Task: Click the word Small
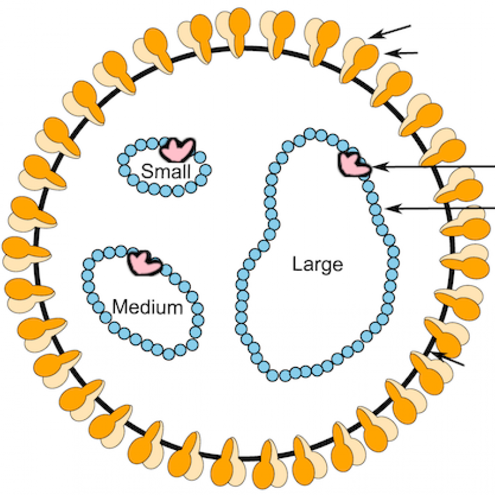pos(166,172)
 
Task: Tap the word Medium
pos(147,307)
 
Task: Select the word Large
pos(317,265)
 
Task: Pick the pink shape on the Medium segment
pos(144,262)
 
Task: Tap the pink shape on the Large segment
pos(354,164)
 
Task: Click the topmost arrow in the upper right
pos(390,31)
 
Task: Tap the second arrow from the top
pos(402,53)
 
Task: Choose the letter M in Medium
pos(119,307)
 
